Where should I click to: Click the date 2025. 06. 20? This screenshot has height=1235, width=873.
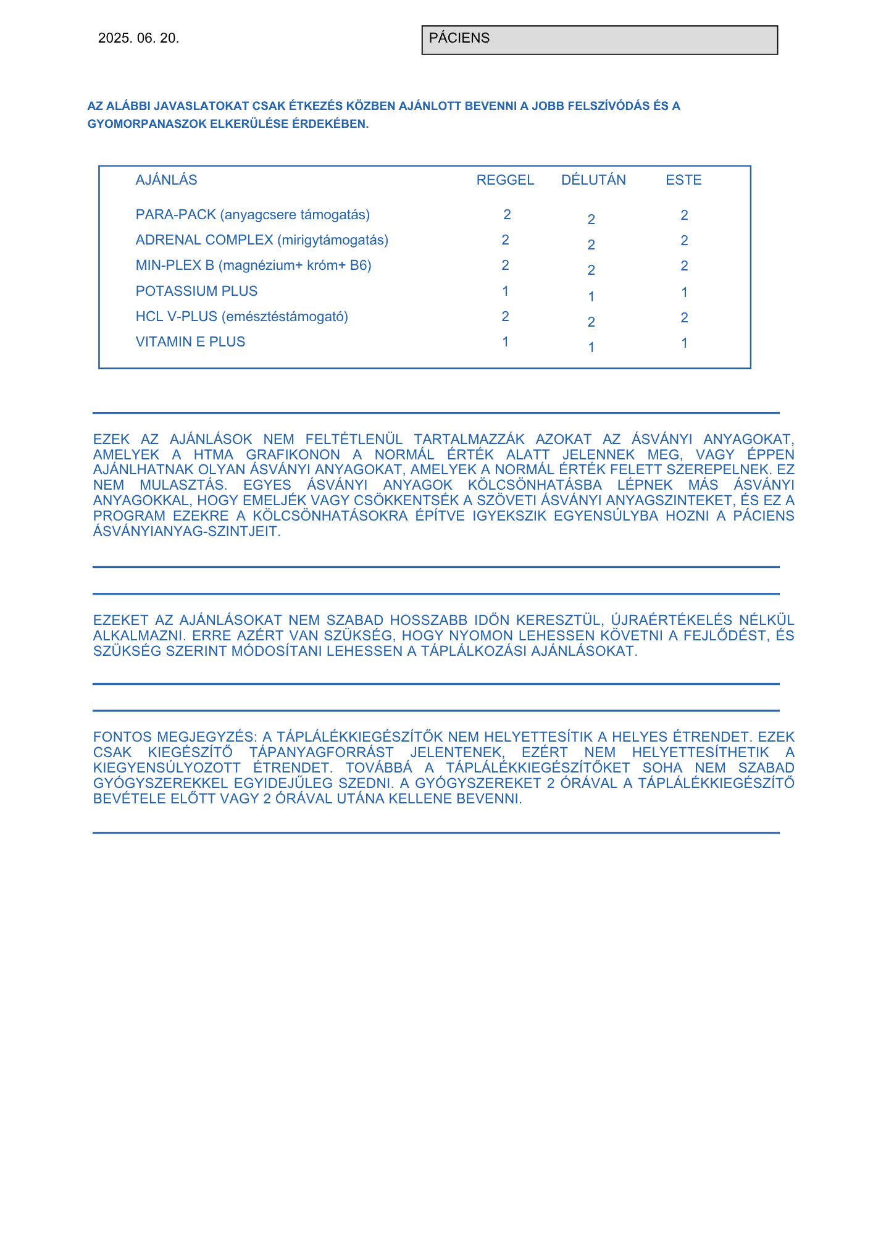138,38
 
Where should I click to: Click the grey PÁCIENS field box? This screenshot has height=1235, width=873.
599,40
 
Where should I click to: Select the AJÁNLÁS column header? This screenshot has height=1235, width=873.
166,180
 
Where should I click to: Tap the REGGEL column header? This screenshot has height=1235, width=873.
505,180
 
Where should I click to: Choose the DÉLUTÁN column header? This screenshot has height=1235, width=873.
593,180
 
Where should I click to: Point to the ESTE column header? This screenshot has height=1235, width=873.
683,180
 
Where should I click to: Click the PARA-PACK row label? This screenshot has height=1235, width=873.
253,215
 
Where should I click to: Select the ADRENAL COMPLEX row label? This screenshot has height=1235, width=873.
262,240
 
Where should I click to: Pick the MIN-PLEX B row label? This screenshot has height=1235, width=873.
253,266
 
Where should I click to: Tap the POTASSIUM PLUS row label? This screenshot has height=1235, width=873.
196,291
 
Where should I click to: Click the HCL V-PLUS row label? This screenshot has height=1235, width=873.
241,317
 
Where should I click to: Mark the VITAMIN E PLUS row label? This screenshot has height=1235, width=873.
190,342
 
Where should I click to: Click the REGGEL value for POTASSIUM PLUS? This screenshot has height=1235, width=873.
506,291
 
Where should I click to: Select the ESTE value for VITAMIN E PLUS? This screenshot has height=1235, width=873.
684,343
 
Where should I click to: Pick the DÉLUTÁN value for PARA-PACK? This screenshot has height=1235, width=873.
591,220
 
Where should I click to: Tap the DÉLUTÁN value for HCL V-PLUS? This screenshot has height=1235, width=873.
591,322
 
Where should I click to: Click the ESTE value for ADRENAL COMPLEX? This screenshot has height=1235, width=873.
684,241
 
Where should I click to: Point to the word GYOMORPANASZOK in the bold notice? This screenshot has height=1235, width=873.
146,124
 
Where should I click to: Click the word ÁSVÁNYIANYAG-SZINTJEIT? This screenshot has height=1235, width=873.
186,532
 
